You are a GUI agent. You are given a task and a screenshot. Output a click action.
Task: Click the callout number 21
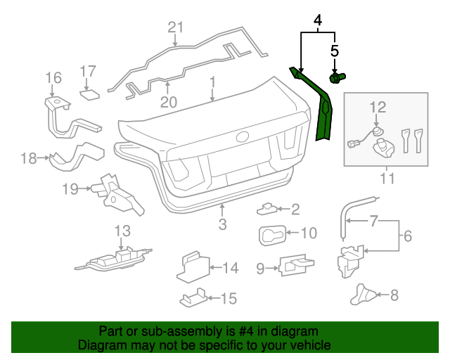[175, 27]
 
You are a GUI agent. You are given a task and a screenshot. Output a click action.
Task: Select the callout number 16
[54, 77]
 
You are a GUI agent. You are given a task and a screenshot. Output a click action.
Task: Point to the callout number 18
[28, 159]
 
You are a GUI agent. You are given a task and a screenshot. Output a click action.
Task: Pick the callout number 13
[122, 231]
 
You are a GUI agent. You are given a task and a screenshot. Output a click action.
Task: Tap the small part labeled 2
[268, 209]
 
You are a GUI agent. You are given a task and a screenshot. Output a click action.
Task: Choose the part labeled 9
[297, 266]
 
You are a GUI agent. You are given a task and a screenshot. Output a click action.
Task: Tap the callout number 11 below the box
[384, 179]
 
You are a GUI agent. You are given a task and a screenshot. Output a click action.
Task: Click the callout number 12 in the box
[378, 107]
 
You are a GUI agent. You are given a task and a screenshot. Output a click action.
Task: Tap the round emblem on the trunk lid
[243, 138]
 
